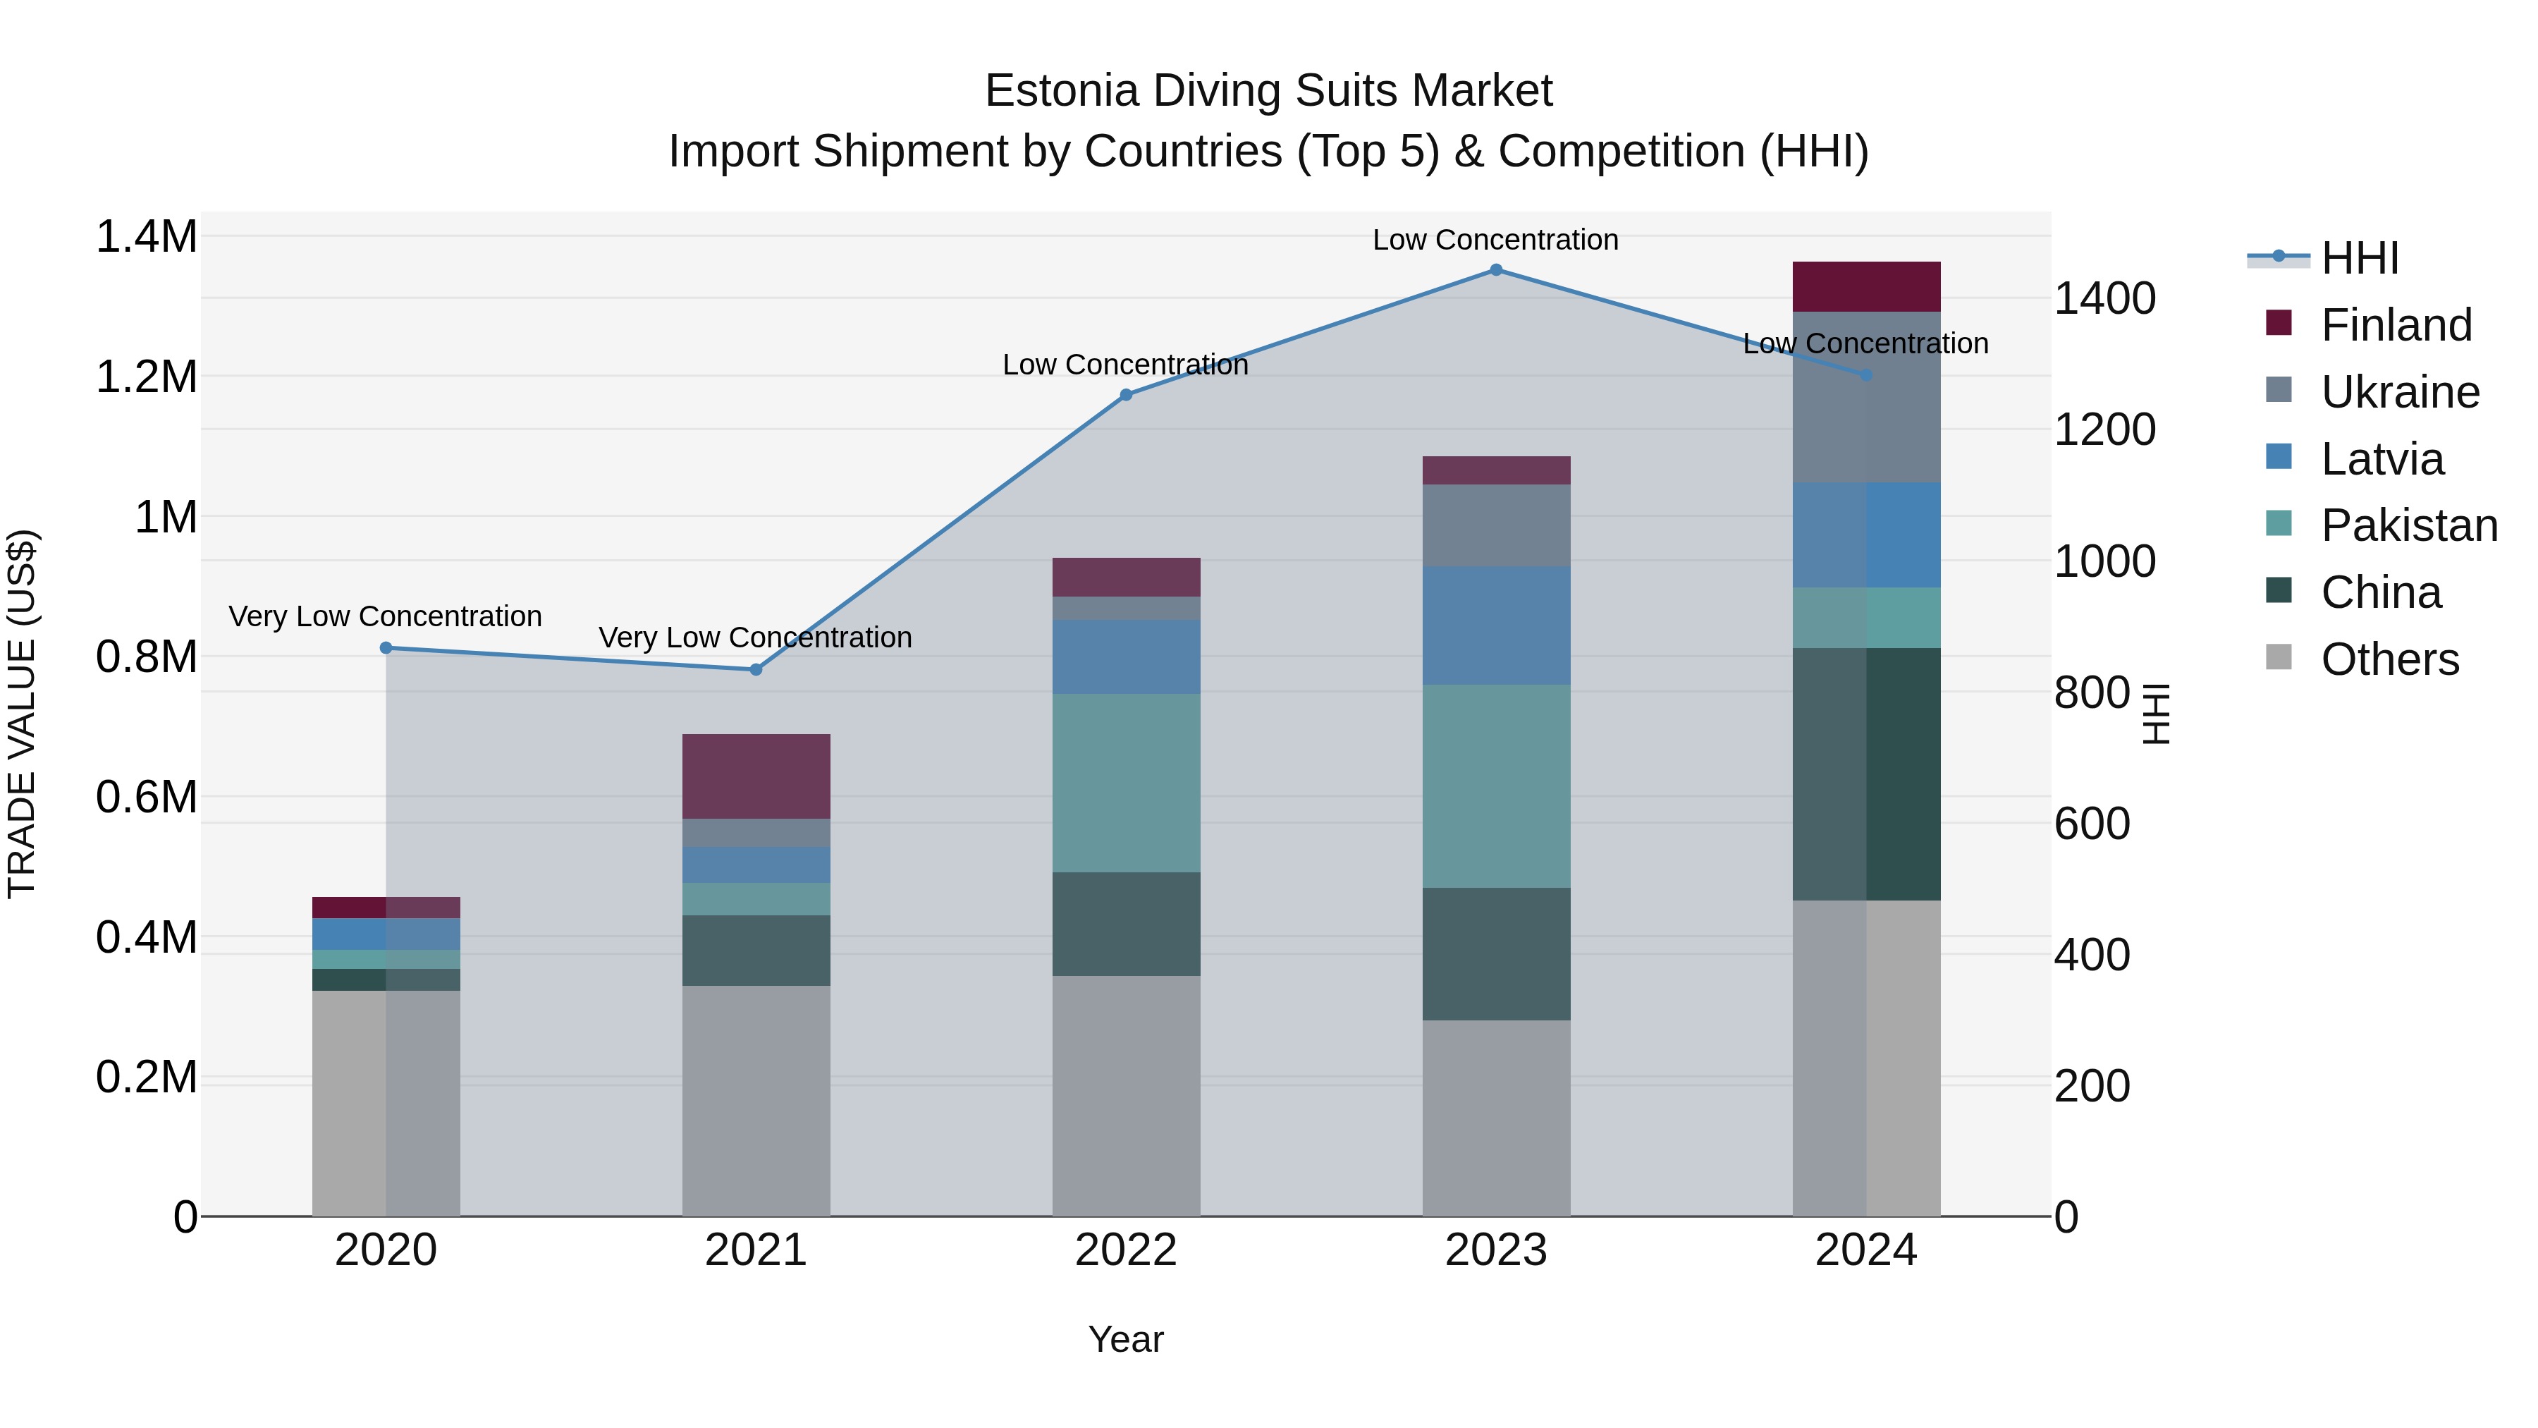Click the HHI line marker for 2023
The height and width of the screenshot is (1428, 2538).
click(x=1495, y=270)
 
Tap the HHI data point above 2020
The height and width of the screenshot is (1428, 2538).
click(x=386, y=649)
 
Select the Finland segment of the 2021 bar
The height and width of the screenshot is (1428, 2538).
click(x=756, y=776)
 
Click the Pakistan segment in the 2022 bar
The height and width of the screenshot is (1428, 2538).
click(x=1126, y=783)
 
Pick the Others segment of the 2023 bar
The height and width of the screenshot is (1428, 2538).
click(x=1495, y=1118)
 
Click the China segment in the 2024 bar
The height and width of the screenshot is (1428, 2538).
click(x=1866, y=774)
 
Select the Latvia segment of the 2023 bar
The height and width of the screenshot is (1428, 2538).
click(x=1495, y=625)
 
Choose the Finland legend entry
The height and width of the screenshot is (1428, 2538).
click(x=2395, y=325)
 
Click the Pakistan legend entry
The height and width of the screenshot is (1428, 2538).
click(x=2408, y=525)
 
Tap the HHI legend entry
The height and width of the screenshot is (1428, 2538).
click(x=2359, y=258)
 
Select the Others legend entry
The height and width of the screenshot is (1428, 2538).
click(x=2389, y=659)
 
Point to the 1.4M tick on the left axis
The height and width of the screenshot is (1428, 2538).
click(x=146, y=238)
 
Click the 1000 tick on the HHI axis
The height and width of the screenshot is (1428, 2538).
click(x=2104, y=562)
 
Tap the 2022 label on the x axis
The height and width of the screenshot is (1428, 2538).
click(x=1126, y=1250)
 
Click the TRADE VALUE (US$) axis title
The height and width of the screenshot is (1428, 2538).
click(x=22, y=714)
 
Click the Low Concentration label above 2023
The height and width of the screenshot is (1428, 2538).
click(x=1495, y=240)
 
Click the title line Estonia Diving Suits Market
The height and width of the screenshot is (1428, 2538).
click(x=1268, y=91)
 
